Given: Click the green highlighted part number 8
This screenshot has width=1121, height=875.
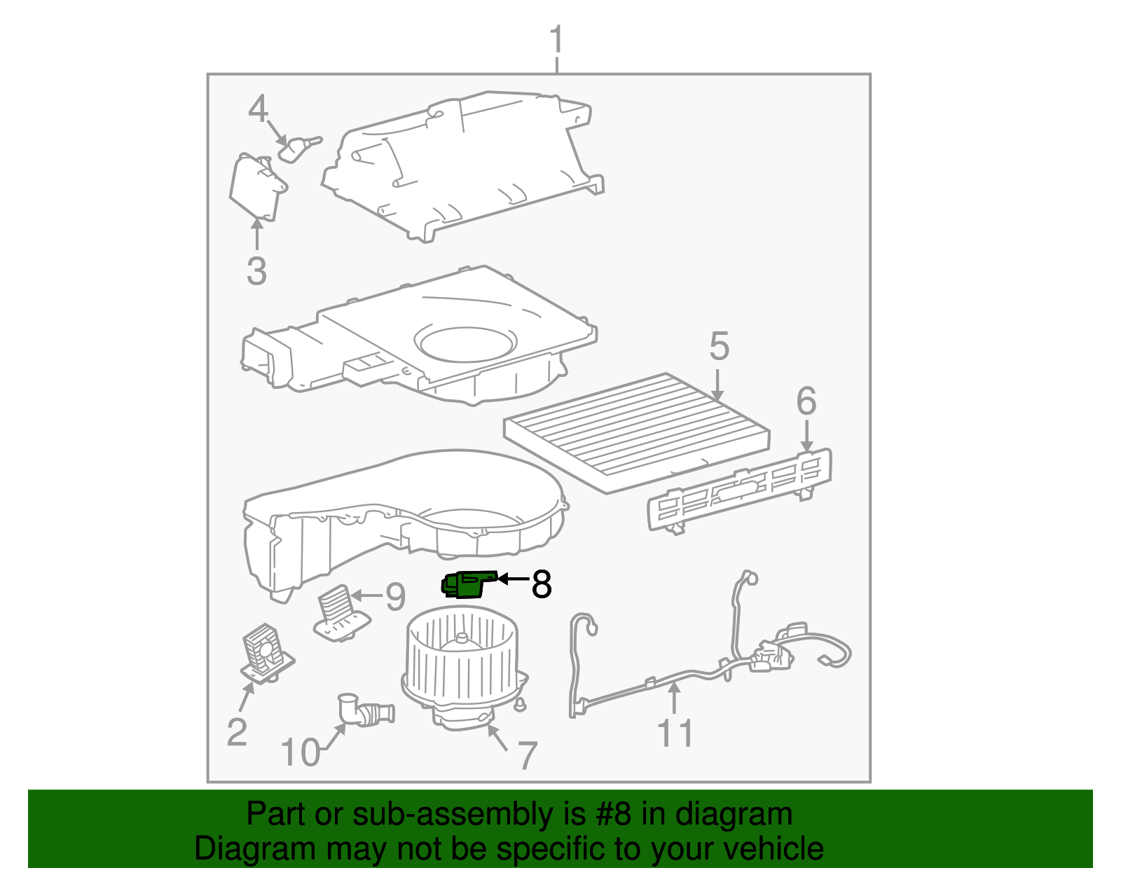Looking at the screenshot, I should (x=464, y=584).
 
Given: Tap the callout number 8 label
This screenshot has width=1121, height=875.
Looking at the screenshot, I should (x=541, y=584).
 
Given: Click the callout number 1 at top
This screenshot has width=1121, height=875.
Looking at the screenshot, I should (x=556, y=40).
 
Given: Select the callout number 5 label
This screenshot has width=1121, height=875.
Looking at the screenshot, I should (x=719, y=347).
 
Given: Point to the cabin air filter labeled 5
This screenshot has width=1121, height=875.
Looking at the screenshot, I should (x=636, y=429).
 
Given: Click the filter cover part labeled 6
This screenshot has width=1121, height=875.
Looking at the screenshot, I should (x=739, y=489).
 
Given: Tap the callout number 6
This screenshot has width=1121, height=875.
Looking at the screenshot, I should (x=806, y=401).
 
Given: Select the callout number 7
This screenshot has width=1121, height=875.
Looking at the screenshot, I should (x=527, y=756).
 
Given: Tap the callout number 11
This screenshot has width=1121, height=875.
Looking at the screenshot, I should (x=675, y=733).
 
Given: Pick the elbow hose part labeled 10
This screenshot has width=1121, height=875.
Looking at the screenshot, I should (x=364, y=711).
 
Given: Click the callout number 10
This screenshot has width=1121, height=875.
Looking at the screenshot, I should (x=300, y=753).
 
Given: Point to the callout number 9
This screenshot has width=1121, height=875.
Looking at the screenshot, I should (x=396, y=597).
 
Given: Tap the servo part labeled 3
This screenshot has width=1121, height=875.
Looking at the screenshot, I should (x=256, y=185).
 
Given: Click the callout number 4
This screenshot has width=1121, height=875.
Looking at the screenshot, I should (x=259, y=109).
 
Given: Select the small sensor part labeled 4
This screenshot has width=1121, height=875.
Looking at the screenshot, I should (x=297, y=149).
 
